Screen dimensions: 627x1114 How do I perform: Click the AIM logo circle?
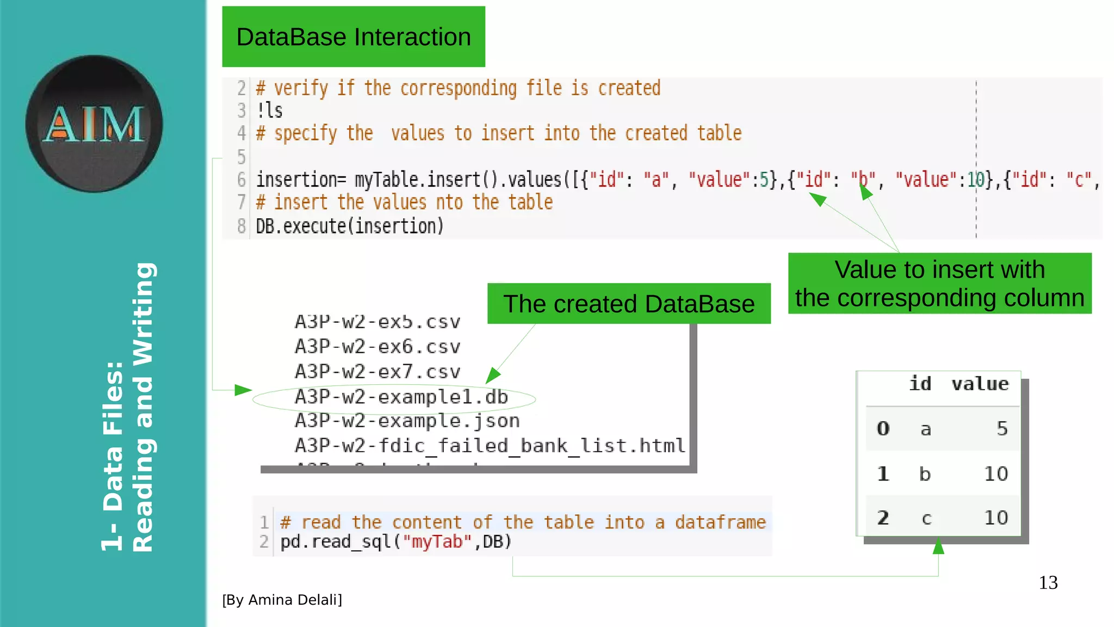[x=94, y=124]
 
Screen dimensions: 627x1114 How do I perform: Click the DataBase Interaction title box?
[x=354, y=37]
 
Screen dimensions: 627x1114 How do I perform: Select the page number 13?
[x=1048, y=583]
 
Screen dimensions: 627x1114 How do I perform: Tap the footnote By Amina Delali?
[x=282, y=600]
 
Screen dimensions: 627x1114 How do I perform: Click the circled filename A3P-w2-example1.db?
[x=401, y=397]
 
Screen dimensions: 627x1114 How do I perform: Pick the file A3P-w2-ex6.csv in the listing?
[x=377, y=347]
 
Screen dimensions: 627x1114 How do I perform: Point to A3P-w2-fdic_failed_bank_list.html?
[x=490, y=446]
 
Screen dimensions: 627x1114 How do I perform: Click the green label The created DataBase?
[x=629, y=304]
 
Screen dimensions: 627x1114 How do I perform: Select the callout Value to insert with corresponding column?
[x=939, y=284]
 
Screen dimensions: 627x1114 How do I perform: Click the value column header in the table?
[x=980, y=384]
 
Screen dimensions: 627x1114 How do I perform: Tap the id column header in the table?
[x=920, y=384]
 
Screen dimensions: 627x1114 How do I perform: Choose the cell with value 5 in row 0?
[x=1002, y=429]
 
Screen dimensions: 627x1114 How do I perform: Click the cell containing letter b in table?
[x=925, y=474]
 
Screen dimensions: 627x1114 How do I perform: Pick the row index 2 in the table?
[x=883, y=518]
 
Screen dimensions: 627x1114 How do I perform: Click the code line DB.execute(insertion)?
[x=350, y=226]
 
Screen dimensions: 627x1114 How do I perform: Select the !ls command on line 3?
[x=270, y=110]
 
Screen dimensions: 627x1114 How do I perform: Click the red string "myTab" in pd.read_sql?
[x=437, y=542]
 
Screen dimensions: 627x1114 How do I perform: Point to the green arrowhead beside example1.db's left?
[x=243, y=390]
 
